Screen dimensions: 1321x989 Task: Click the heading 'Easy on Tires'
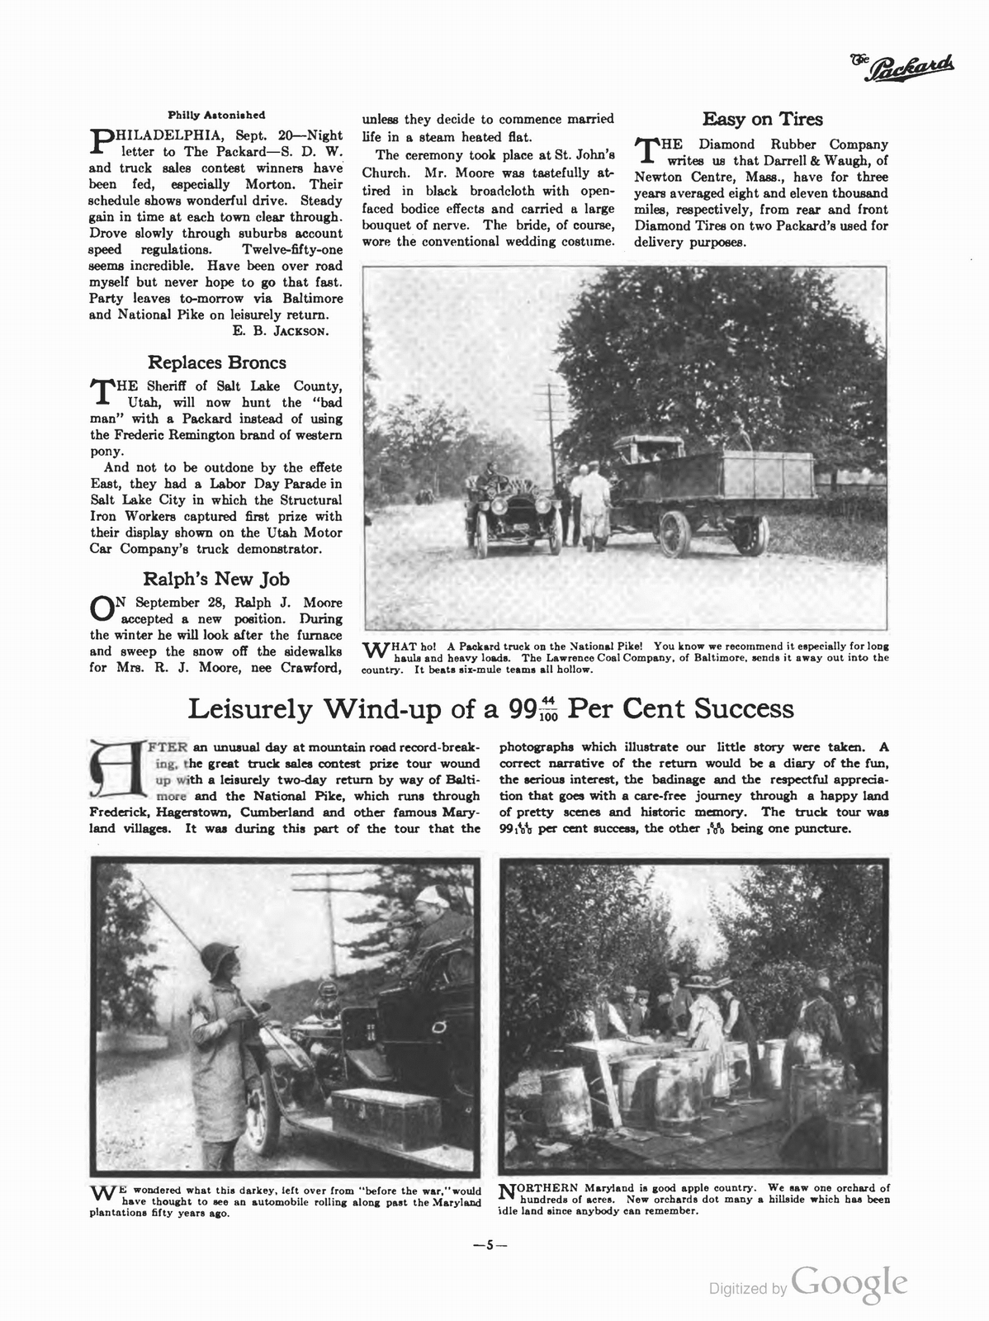coord(762,120)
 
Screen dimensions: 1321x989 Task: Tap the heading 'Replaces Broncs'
coord(216,362)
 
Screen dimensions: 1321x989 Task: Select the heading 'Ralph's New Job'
coord(216,579)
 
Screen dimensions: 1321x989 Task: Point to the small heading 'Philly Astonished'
coord(216,115)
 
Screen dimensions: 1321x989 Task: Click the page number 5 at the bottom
coord(489,1246)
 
